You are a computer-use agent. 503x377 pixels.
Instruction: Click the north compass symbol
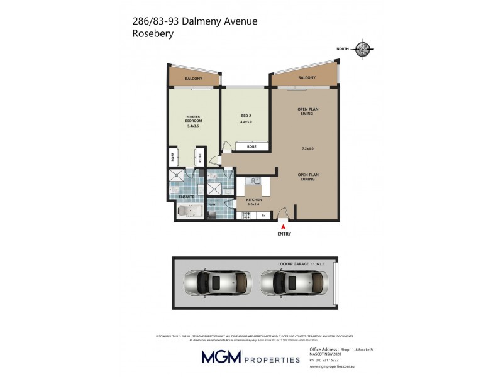pyautogui.click(x=363, y=49)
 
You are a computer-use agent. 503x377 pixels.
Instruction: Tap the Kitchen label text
pyautogui.click(x=253, y=200)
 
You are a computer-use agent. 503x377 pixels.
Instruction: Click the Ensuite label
pyautogui.click(x=185, y=197)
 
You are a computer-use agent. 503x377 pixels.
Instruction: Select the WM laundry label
pyautogui.click(x=213, y=204)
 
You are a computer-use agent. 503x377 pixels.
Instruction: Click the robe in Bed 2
pyautogui.click(x=251, y=146)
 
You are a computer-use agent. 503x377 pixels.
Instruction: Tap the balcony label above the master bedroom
pyautogui.click(x=194, y=78)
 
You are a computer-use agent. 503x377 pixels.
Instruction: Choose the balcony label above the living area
pyautogui.click(x=307, y=77)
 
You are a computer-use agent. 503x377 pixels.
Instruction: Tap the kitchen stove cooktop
pyautogui.click(x=246, y=216)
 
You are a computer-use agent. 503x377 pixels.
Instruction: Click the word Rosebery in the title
pyautogui.click(x=153, y=34)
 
